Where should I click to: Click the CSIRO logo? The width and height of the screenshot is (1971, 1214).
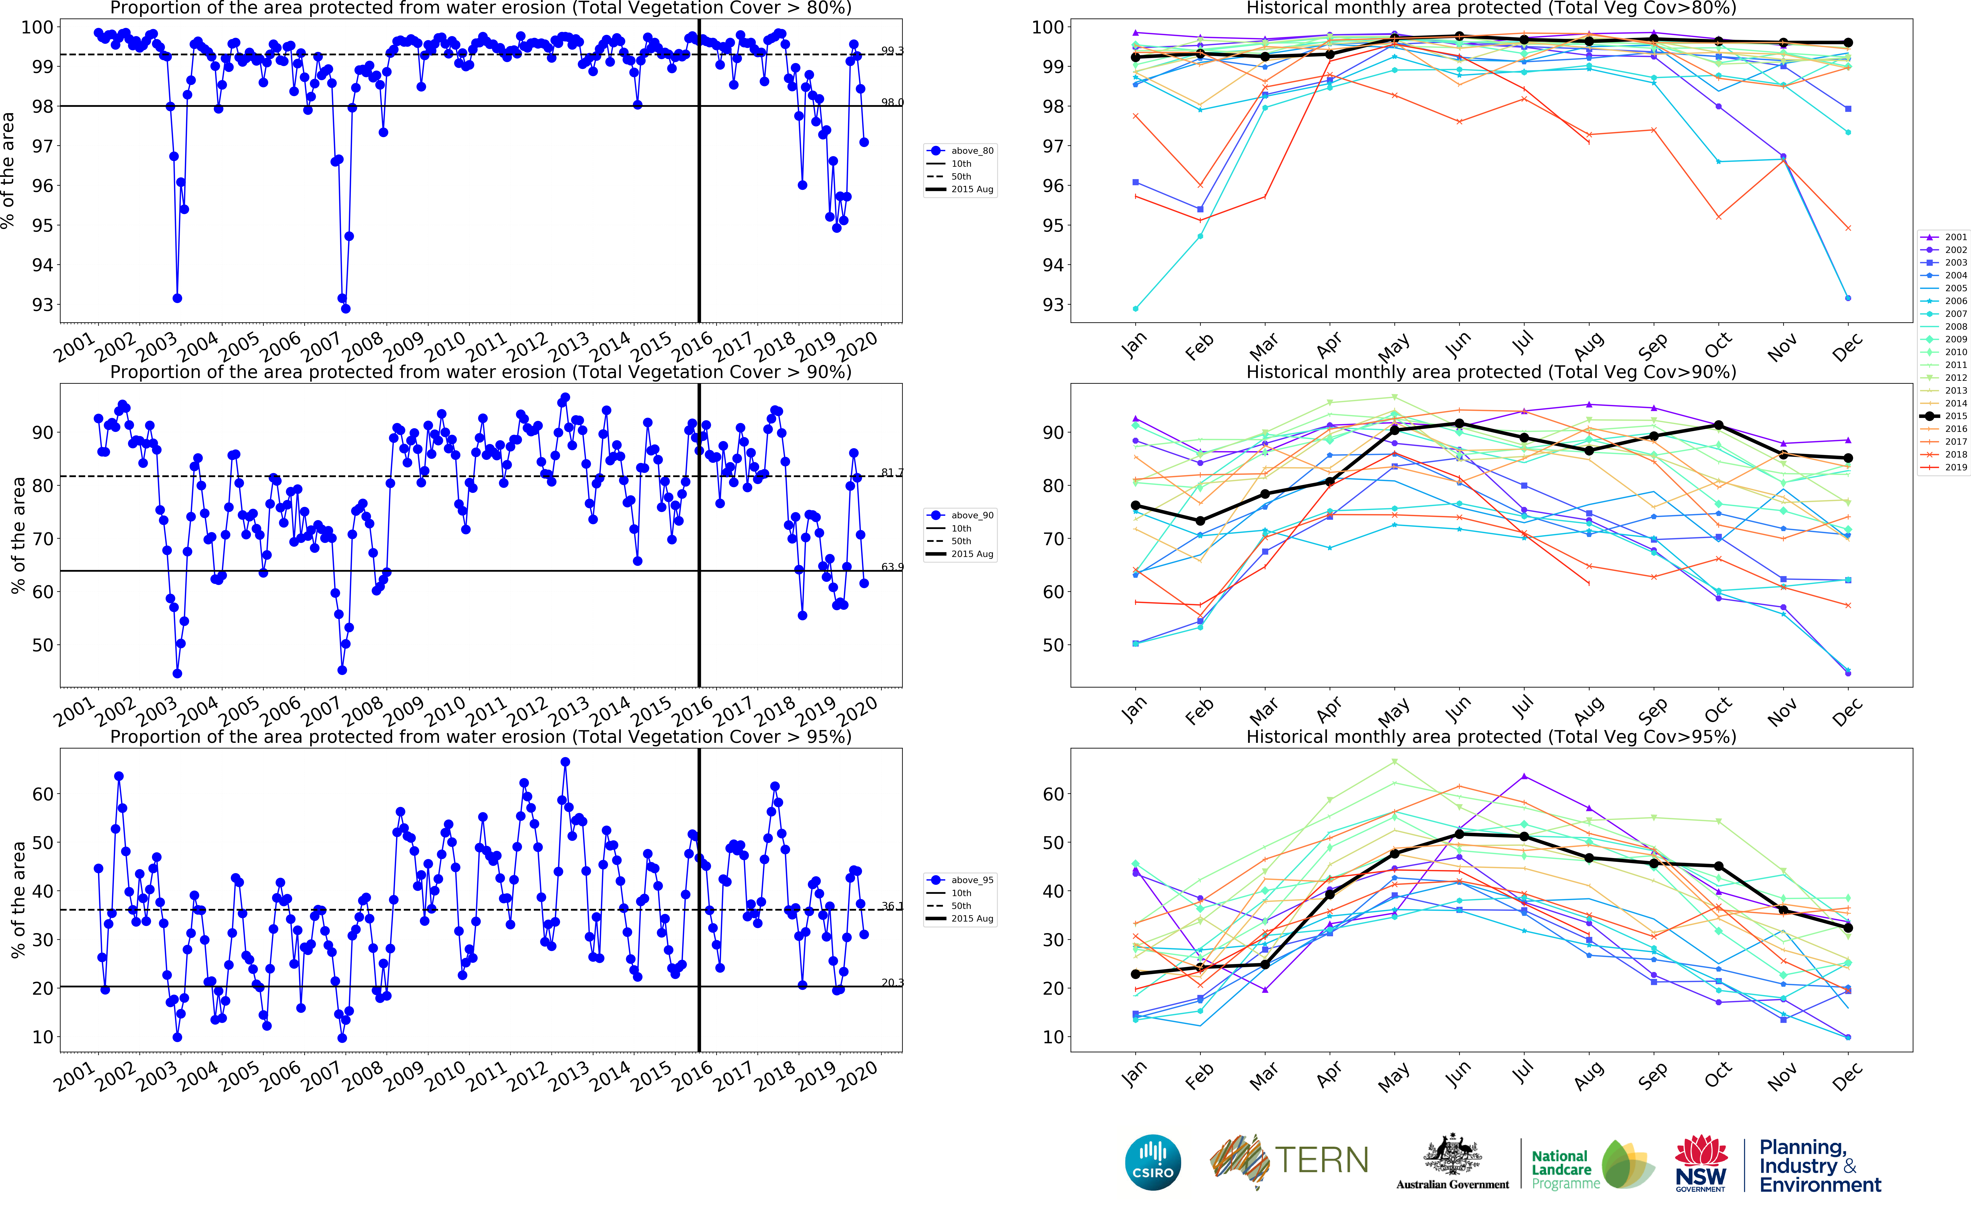coord(1153,1162)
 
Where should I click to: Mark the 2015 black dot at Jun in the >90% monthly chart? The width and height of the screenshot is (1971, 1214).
coord(1460,424)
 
